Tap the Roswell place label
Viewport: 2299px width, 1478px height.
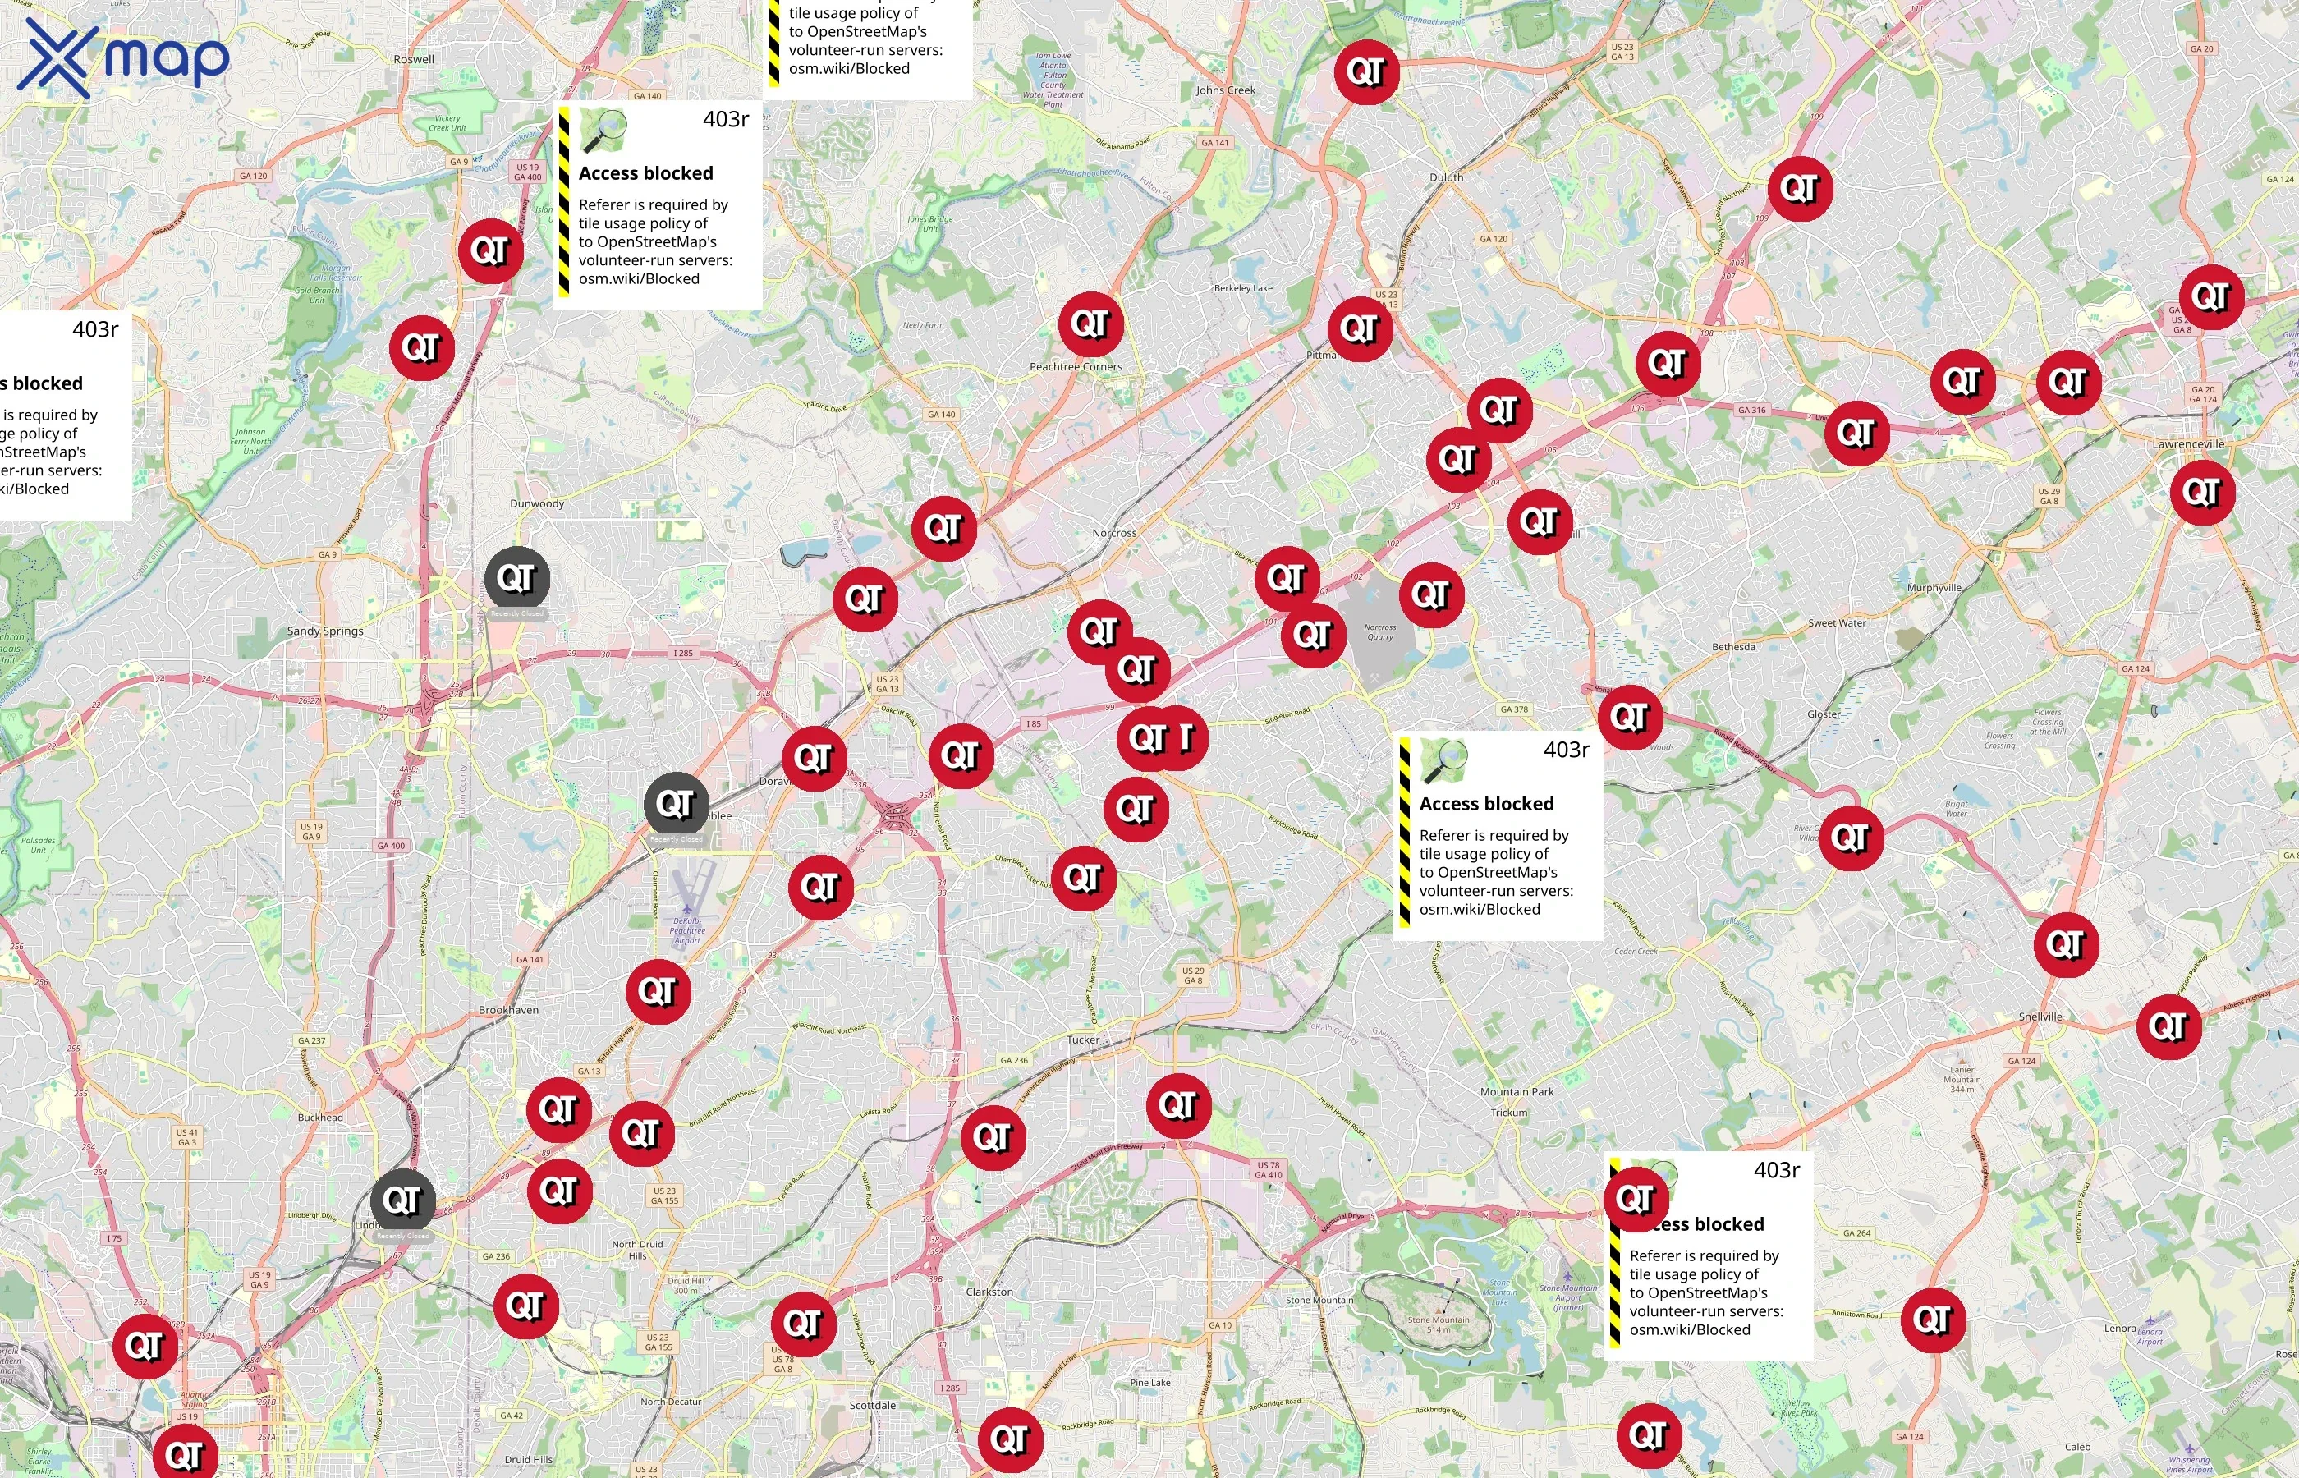pos(414,59)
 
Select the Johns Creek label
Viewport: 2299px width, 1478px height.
pos(1225,90)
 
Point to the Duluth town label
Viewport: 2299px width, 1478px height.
pos(1446,177)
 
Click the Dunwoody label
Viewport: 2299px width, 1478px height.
pos(537,504)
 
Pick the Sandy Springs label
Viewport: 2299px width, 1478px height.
pos(325,631)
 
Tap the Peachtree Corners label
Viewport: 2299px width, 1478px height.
pos(1076,366)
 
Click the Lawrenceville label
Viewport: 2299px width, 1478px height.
pos(2187,444)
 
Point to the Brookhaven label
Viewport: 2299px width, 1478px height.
pos(508,1011)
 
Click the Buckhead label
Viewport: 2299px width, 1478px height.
pos(320,1118)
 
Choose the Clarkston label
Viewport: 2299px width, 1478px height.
pos(989,1292)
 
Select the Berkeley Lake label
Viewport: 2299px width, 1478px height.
pos(1242,288)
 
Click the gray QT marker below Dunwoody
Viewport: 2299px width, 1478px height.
pos(517,579)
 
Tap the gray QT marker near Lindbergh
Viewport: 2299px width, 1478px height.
pos(403,1200)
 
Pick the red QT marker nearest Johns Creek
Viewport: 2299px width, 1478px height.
pos(1365,72)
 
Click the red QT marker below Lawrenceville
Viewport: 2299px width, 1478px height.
pos(2202,493)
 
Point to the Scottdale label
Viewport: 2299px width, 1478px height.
pos(872,1405)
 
